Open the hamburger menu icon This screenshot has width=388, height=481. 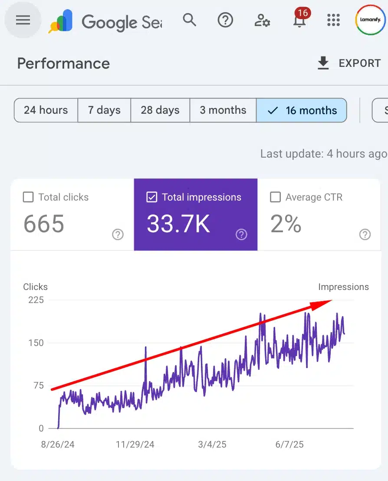point(23,20)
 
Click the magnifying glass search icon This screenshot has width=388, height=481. point(189,20)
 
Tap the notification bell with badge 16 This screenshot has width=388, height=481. point(299,20)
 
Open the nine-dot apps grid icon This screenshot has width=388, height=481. point(333,20)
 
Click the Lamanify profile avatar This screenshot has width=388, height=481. point(370,20)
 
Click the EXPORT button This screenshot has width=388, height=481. point(349,63)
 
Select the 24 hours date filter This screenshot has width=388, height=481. point(46,110)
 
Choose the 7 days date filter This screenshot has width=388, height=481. point(104,110)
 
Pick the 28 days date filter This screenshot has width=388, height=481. point(160,110)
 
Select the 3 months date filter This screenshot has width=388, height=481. point(223,110)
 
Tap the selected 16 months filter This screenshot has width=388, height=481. point(302,110)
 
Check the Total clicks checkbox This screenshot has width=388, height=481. point(28,198)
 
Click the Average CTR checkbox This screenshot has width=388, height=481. point(275,198)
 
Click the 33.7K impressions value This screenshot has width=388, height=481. point(178,224)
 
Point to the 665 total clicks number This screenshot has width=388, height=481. point(43,224)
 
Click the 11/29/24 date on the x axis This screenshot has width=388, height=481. point(135,445)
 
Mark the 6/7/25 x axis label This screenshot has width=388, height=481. point(289,445)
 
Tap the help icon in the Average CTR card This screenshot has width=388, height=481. point(365,235)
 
